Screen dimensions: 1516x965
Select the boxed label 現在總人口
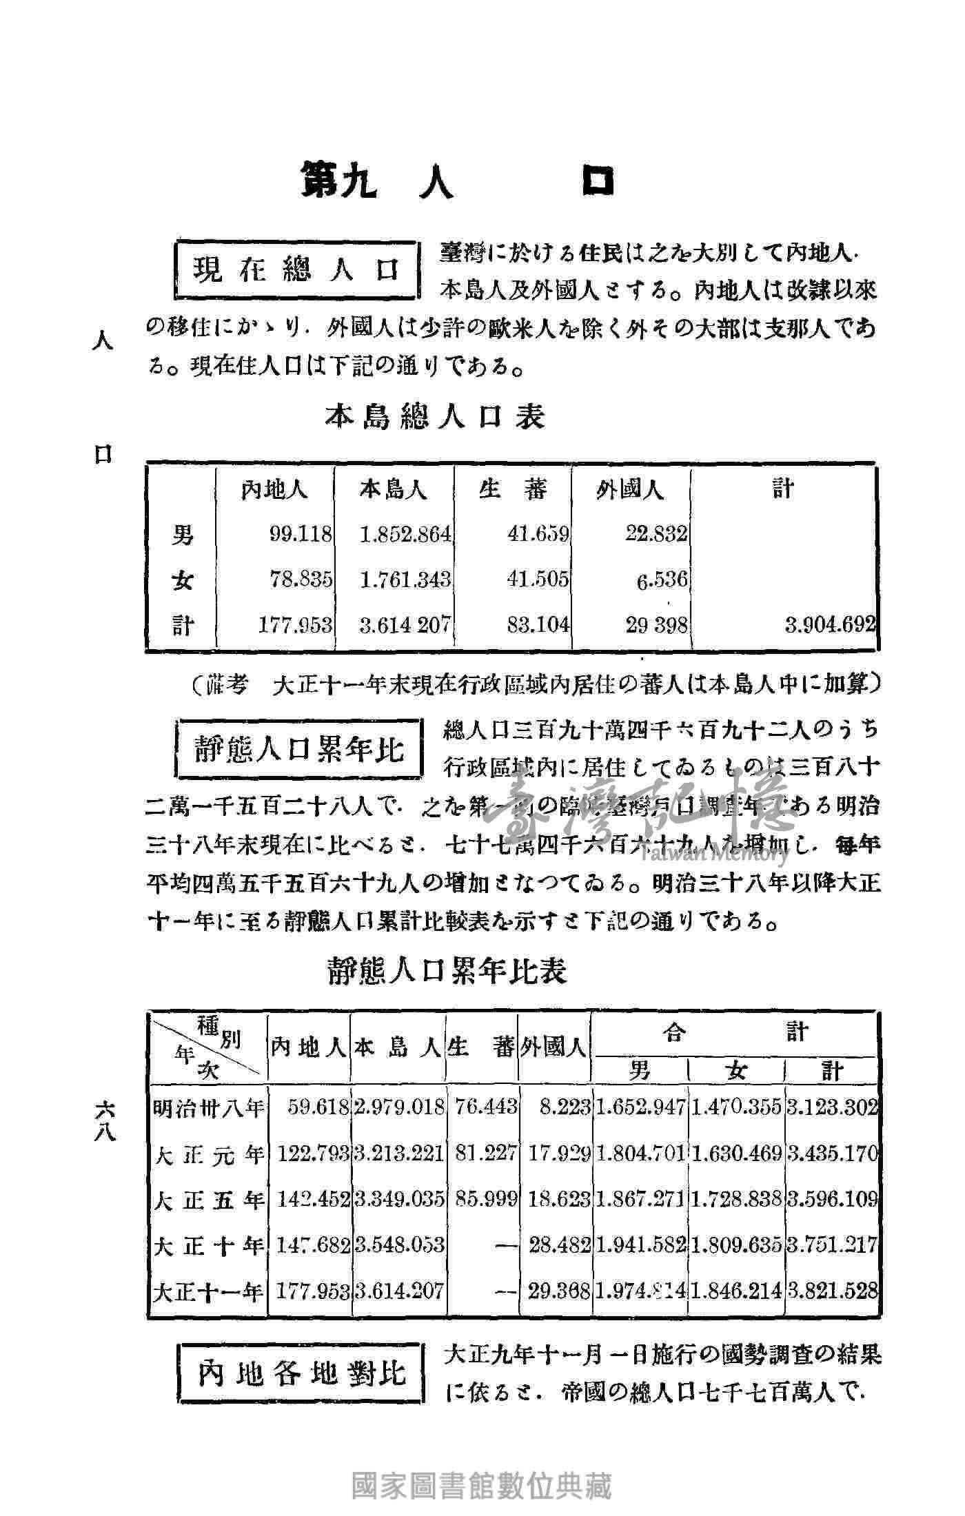coord(296,269)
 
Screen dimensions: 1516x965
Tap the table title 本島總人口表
coord(435,416)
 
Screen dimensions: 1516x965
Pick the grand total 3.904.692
coord(830,625)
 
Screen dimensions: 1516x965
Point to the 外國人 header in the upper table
coord(630,490)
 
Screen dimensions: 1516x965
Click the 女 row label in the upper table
coord(183,580)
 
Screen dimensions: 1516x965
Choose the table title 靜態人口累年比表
coord(447,972)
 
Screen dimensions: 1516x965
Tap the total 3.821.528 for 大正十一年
coord(833,1291)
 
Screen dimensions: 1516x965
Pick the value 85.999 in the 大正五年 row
coord(485,1200)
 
